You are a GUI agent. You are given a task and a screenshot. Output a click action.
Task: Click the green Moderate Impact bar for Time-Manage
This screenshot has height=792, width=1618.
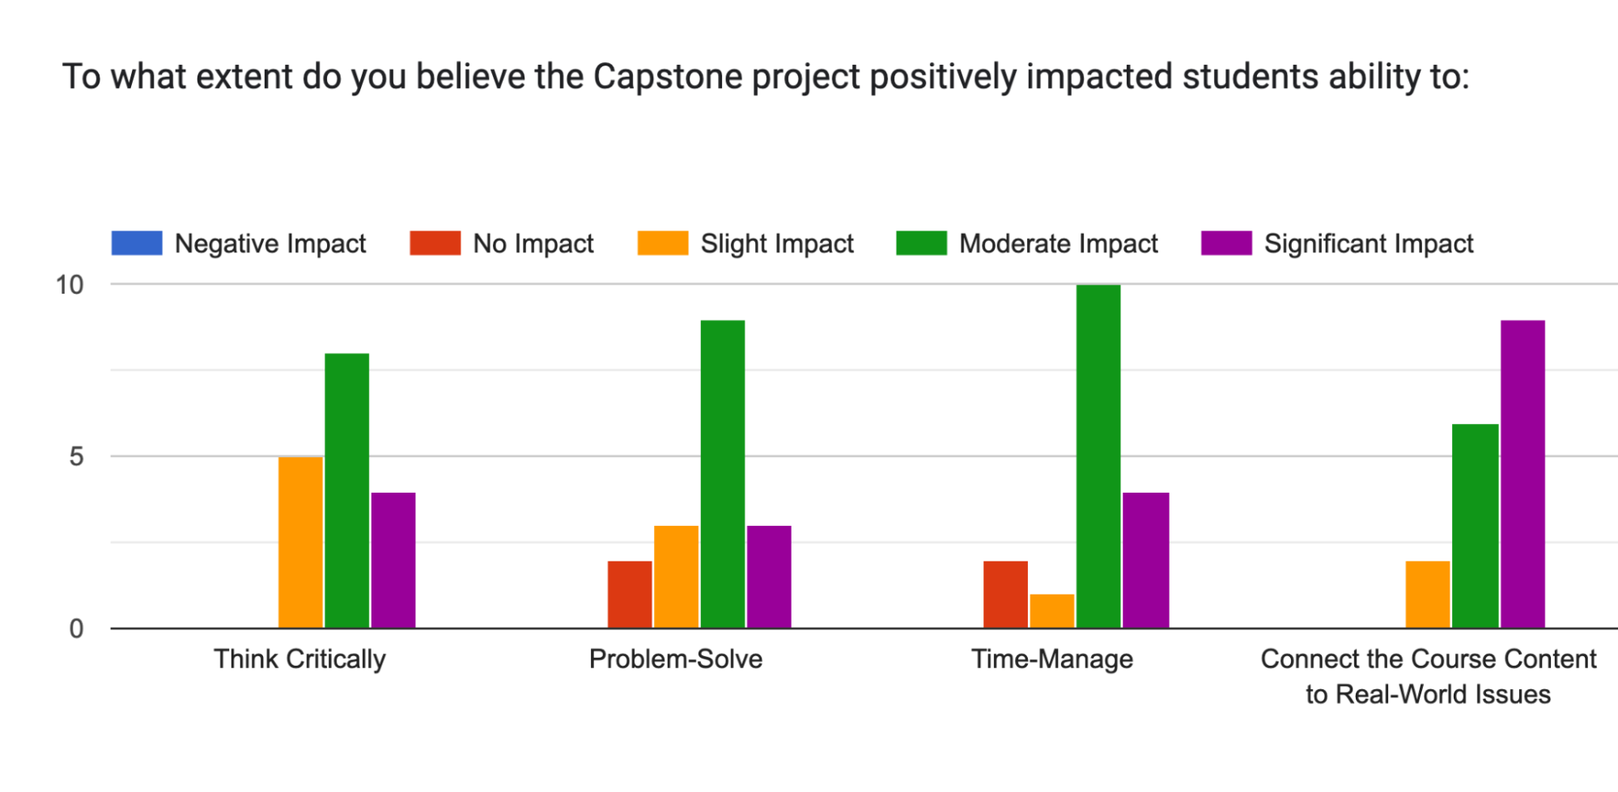point(1098,456)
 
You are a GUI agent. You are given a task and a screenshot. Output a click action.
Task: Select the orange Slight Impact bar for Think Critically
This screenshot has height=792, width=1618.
point(300,542)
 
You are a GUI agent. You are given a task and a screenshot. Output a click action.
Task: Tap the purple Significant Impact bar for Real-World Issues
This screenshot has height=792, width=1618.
point(1522,474)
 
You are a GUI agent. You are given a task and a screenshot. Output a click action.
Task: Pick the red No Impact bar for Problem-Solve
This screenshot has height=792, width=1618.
point(630,594)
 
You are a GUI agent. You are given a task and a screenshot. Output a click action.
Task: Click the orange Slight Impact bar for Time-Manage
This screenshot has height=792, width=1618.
point(1051,611)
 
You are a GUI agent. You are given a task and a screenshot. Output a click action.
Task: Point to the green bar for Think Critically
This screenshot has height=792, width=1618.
point(346,490)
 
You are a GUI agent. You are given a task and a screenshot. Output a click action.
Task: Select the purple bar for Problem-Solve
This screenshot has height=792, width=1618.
point(769,576)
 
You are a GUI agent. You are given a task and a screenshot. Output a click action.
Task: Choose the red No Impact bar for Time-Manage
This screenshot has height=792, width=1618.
point(1005,594)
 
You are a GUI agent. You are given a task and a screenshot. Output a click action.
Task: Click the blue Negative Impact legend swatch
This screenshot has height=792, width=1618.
point(137,244)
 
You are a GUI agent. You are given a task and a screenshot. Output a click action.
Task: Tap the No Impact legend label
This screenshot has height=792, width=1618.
point(533,244)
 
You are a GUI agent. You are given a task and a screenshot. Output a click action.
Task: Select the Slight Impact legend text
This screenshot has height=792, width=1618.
point(777,244)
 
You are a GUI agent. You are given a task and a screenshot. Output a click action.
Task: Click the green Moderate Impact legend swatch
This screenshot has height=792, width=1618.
point(921,244)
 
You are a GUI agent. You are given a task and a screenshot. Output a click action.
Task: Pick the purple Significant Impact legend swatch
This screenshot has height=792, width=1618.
point(1226,244)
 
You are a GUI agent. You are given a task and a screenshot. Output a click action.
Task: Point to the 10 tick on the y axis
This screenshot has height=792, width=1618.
point(70,285)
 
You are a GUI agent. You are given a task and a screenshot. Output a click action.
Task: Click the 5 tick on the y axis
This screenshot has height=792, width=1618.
point(76,456)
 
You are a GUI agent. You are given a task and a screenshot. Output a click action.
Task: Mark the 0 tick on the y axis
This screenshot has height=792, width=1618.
point(76,629)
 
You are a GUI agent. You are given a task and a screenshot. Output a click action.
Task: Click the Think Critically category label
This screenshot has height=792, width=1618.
point(299,659)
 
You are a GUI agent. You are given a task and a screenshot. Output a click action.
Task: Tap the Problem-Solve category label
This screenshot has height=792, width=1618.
point(676,659)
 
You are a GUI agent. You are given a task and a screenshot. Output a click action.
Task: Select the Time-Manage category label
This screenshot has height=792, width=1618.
point(1052,659)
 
